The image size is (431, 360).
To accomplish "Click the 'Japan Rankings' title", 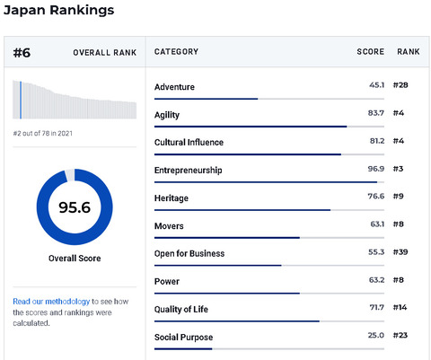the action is coord(58,10).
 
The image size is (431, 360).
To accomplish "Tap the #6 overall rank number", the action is coord(22,53).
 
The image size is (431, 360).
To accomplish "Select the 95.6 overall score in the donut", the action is coord(75,207).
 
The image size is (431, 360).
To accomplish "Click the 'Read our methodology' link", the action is coord(51,302).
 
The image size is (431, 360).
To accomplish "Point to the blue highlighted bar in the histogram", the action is coord(21,100).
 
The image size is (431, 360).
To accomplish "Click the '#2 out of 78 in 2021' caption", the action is coord(43,134).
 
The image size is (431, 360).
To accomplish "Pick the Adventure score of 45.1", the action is coord(376,85).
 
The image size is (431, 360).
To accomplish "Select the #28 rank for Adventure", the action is coord(400,85).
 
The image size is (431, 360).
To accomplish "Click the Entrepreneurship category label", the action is coord(189,171).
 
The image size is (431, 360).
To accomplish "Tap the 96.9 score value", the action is coord(376,169).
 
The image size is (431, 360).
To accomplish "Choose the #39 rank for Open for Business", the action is coord(400,252).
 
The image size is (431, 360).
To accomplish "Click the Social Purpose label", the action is coord(183,338).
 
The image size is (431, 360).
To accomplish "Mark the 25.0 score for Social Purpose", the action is coord(376,335).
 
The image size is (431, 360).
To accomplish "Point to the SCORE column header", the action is coord(371,52).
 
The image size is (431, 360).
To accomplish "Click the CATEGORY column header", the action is coord(176,52).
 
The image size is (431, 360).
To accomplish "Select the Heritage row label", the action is coord(172,198).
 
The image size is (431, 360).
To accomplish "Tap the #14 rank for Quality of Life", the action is coord(400,307).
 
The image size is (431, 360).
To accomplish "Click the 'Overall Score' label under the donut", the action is coord(75,259).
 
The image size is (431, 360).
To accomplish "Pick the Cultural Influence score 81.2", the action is coord(377,141).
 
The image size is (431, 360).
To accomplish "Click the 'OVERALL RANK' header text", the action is coord(105,53).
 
